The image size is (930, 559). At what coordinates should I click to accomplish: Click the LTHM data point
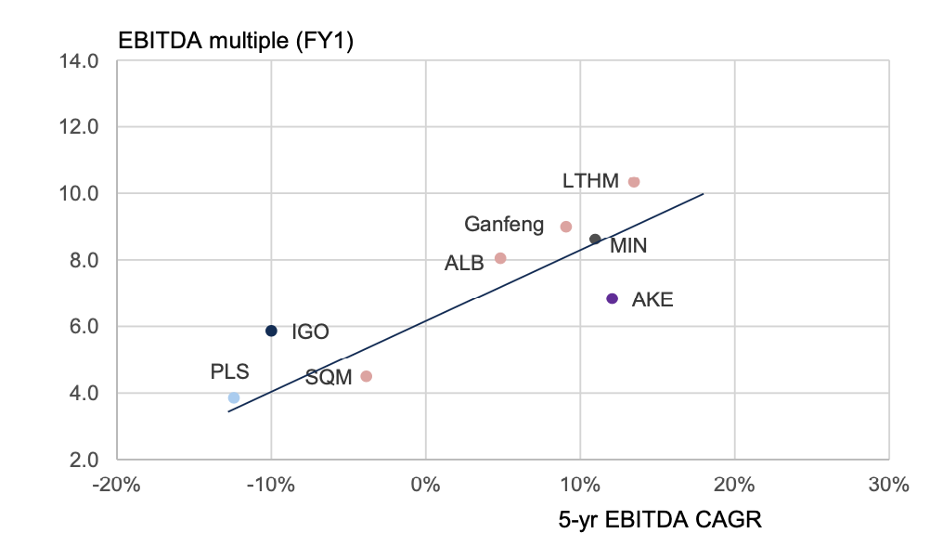click(634, 182)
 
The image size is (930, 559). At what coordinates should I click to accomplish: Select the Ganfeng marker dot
click(566, 227)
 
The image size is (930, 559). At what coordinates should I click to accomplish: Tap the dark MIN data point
click(595, 240)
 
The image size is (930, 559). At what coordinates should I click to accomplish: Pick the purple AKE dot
click(612, 298)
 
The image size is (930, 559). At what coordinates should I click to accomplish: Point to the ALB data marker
click(500, 258)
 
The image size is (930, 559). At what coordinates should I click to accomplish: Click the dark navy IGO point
click(271, 331)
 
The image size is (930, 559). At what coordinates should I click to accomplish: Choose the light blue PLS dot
click(234, 397)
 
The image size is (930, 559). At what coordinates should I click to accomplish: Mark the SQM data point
click(367, 376)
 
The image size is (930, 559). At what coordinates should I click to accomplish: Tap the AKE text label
click(652, 300)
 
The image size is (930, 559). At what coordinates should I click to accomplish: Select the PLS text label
click(229, 372)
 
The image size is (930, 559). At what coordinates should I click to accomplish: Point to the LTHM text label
click(590, 181)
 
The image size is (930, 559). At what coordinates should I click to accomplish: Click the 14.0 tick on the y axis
click(80, 61)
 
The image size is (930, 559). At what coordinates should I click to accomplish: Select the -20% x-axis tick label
click(117, 484)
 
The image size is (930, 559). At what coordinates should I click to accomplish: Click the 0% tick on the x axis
click(425, 484)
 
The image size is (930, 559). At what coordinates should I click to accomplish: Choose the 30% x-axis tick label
click(888, 484)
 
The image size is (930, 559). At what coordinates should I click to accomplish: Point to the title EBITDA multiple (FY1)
click(235, 42)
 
